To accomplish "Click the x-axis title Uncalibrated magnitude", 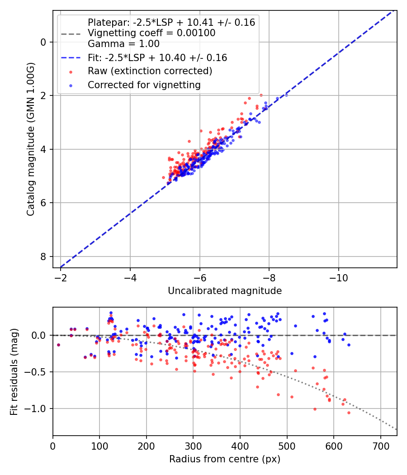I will click(225, 291).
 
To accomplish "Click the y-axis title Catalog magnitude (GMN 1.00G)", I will click(30, 139).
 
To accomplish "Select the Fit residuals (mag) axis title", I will click(14, 371).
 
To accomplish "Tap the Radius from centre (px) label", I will click(225, 459).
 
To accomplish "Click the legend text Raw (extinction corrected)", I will click(150, 71).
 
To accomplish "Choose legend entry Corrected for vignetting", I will click(144, 85).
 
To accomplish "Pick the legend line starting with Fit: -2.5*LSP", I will click(157, 57).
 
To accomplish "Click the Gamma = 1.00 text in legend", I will click(123, 44).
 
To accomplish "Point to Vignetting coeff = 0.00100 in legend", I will click(151, 33).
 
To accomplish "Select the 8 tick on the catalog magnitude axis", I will click(43, 256).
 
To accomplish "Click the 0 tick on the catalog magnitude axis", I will click(43, 42).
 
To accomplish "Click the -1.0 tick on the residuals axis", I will click(39, 408).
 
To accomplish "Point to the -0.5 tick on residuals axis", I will click(39, 372).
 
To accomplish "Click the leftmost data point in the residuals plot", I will click(58, 345).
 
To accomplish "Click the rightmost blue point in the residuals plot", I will click(349, 345).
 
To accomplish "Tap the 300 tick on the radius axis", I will click(193, 446).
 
